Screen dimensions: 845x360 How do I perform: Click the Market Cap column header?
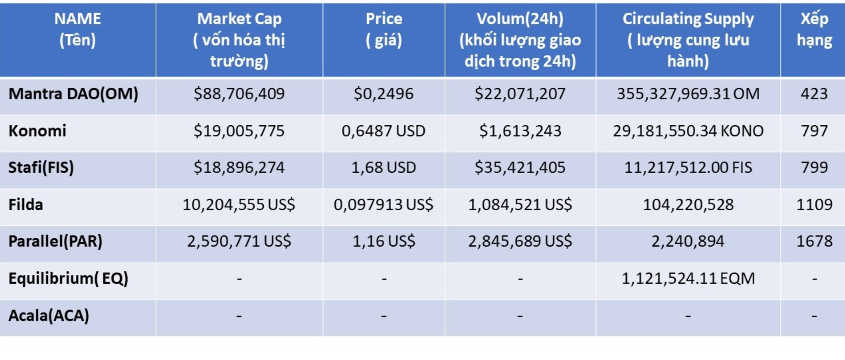(x=239, y=40)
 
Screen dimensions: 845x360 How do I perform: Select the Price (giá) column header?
(x=384, y=29)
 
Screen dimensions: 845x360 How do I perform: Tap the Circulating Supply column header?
(x=688, y=40)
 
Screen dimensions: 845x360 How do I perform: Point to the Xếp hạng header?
(x=814, y=29)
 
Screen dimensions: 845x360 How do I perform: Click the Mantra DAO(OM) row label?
(x=74, y=94)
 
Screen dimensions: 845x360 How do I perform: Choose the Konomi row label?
(x=37, y=131)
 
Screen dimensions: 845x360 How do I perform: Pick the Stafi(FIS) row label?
(x=41, y=168)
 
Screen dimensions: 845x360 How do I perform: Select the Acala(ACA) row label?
(x=49, y=316)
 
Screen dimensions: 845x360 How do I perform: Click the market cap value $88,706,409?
(x=239, y=94)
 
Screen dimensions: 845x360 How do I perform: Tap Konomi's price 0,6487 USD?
(x=384, y=131)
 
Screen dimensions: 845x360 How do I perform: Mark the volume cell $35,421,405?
(x=520, y=168)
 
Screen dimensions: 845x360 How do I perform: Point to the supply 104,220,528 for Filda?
(x=688, y=205)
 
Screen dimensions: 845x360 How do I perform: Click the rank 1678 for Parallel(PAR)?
(x=814, y=241)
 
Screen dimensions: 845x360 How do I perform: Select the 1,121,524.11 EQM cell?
(x=688, y=279)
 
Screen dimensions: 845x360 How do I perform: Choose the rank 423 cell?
(x=814, y=94)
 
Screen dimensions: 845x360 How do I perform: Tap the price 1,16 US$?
(x=384, y=241)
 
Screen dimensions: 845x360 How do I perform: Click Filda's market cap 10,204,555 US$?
(x=239, y=205)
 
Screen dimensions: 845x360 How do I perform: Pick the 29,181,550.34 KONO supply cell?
(x=688, y=131)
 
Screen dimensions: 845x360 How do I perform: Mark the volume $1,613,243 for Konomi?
(x=520, y=131)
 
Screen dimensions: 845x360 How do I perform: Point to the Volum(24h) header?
(x=520, y=40)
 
